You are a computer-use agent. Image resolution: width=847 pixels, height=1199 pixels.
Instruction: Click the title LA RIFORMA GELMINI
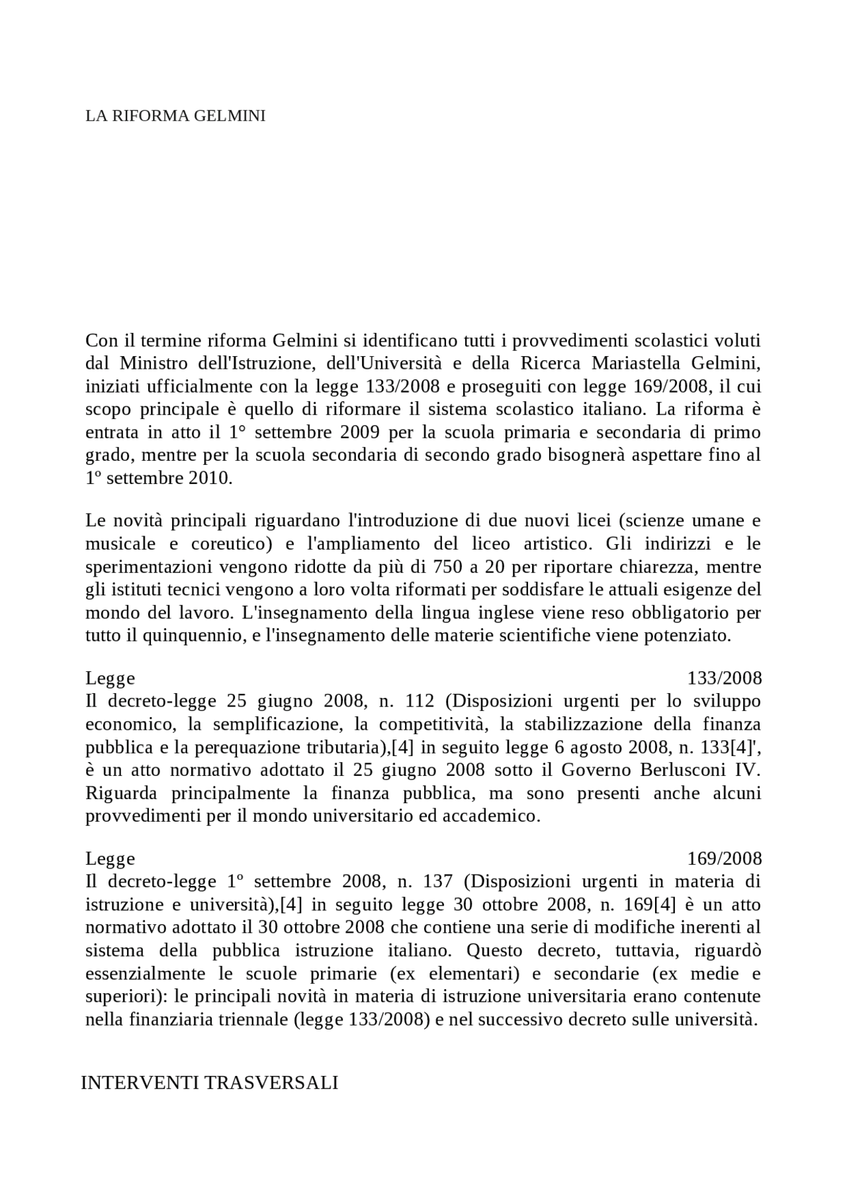point(175,116)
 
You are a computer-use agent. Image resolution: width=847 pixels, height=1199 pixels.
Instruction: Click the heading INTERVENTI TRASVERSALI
point(209,1083)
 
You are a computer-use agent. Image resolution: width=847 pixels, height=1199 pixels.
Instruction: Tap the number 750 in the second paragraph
point(448,567)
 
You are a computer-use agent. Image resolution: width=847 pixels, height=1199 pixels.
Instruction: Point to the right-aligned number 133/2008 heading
point(725,678)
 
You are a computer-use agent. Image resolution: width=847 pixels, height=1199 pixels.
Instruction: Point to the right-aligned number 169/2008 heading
point(725,859)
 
